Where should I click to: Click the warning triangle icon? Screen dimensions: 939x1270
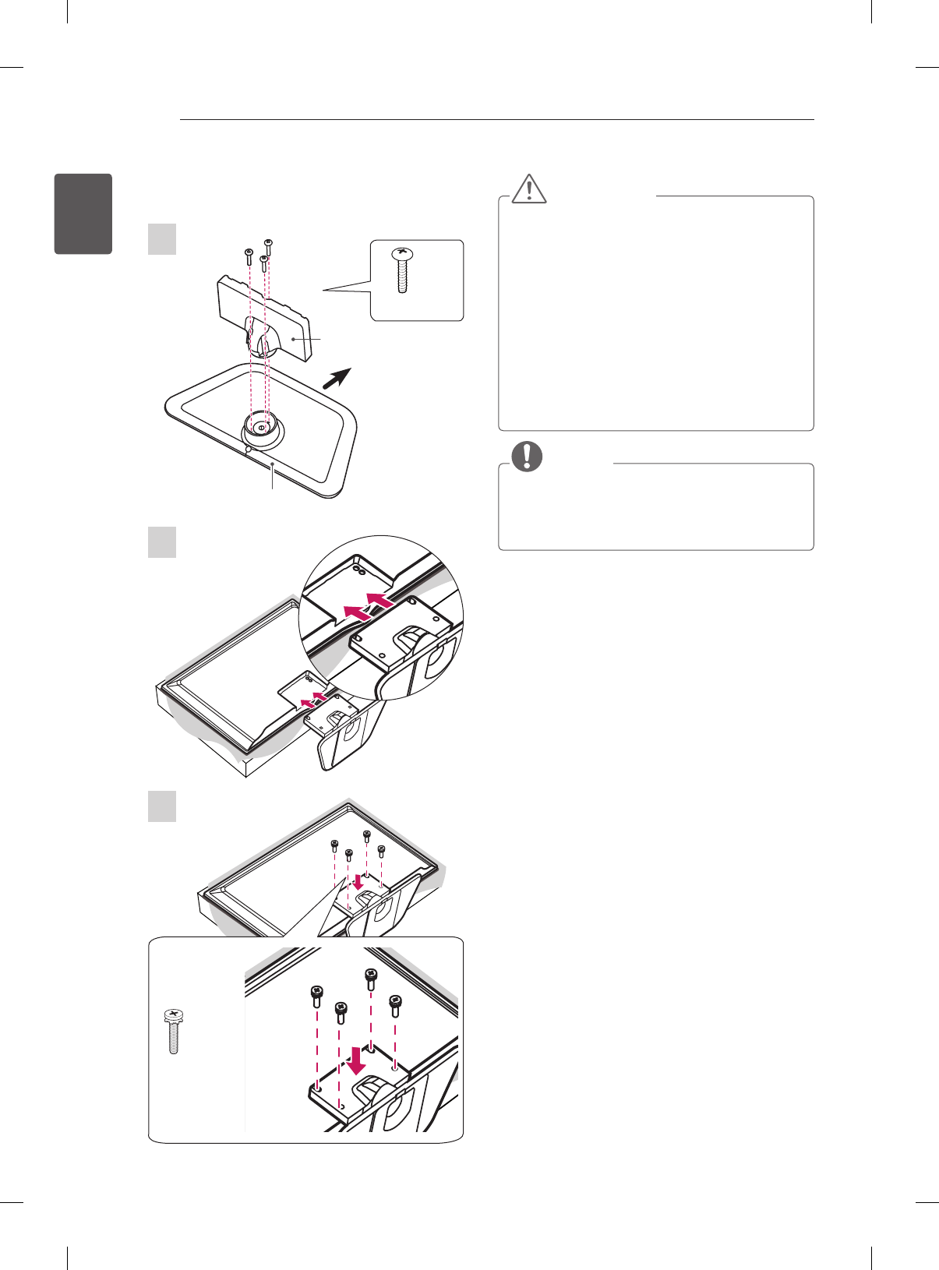click(530, 188)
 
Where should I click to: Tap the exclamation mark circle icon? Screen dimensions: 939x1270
click(527, 456)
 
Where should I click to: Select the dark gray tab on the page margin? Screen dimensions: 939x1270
click(83, 213)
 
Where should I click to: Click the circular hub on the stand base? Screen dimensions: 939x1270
click(262, 428)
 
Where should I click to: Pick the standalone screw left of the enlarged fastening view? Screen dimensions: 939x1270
click(174, 1031)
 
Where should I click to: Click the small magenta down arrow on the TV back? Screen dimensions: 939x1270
click(358, 881)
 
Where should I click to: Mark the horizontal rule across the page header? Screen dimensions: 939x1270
click(496, 120)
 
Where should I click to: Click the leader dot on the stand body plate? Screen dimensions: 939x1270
click(293, 339)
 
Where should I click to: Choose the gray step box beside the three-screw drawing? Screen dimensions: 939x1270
click(162, 238)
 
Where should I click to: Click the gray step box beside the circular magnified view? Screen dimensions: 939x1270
click(162, 542)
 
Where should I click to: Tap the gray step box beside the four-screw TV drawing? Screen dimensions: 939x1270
click(162, 806)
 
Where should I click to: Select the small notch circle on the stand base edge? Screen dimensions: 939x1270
click(247, 448)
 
